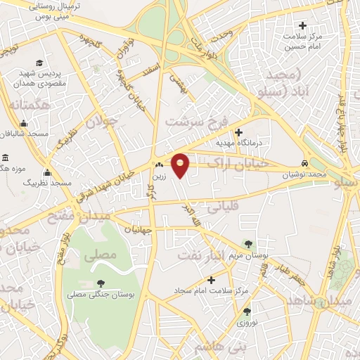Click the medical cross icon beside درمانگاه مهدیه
(x=238, y=132)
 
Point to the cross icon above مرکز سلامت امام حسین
(x=302, y=25)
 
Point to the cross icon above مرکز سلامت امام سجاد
(x=211, y=281)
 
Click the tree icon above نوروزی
(x=247, y=311)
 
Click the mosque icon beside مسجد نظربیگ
(x=48, y=172)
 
